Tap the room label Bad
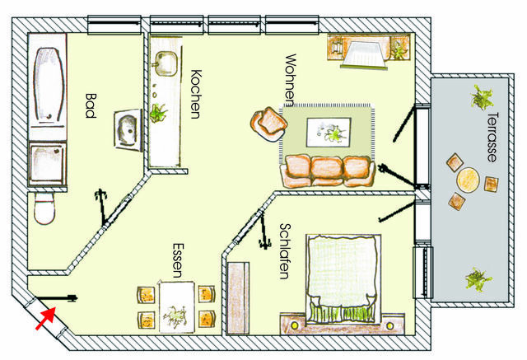pos(91,106)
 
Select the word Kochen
pos(195,94)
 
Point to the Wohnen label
pos(289,80)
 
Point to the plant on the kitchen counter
pos(160,113)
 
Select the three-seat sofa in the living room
pos(328,171)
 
